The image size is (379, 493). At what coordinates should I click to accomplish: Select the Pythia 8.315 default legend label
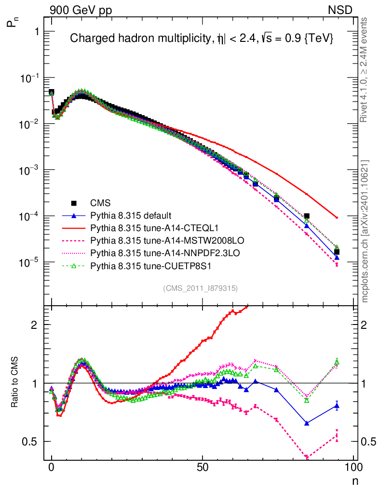click(131, 215)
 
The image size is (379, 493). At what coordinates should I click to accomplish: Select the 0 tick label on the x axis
click(52, 467)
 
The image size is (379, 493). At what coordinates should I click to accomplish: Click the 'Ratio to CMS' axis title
click(15, 383)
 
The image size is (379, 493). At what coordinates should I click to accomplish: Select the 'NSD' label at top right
click(340, 10)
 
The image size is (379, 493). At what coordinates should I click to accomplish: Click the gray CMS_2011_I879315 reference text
click(200, 288)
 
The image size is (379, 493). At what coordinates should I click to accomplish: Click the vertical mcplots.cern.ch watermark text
click(365, 231)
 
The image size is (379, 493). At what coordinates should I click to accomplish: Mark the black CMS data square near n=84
click(307, 216)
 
